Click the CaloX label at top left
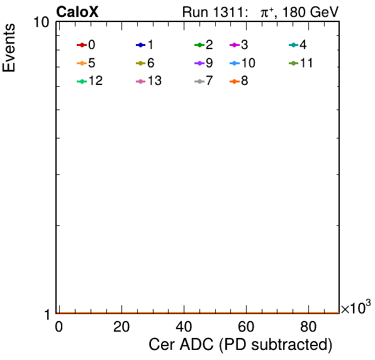77,12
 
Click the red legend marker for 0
82,45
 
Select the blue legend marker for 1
141,45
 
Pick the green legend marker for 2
199,45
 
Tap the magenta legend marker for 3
235,45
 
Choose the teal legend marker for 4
293,45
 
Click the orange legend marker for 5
82,63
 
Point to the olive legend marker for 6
141,63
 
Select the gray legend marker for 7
199,81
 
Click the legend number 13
155,81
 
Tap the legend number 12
96,81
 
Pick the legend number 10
249,63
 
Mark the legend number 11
306,63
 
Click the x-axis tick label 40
184,327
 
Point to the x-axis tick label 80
308,327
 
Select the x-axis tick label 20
121,327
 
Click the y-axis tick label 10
42,23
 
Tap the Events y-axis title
9,48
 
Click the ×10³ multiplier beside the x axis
356,307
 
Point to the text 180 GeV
310,12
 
